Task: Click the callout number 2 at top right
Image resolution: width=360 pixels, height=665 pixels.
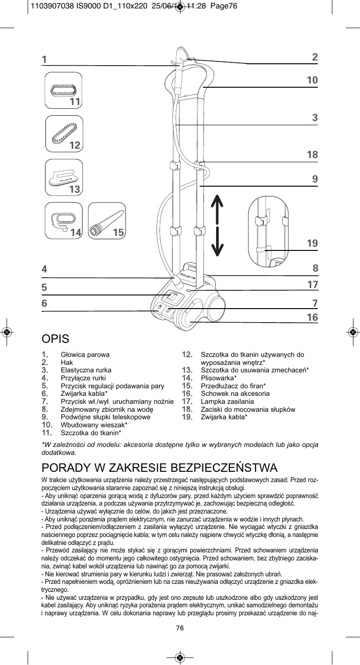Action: click(x=315, y=57)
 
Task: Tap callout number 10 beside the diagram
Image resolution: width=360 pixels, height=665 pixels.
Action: click(x=312, y=80)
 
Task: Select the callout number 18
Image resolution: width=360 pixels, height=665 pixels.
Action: click(x=312, y=154)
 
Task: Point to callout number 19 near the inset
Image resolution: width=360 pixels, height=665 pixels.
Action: click(x=312, y=243)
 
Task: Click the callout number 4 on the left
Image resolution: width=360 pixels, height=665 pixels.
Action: click(x=45, y=269)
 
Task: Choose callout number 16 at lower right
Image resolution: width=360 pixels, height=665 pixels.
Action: click(x=312, y=317)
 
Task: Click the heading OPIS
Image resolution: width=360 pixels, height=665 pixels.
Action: click(x=55, y=339)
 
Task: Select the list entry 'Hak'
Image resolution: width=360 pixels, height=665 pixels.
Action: click(x=67, y=363)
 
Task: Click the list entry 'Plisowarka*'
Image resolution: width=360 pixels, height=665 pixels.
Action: click(x=218, y=378)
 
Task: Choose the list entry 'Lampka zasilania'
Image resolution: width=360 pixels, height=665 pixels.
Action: click(x=227, y=401)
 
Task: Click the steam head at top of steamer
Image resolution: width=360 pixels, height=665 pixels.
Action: click(x=180, y=59)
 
